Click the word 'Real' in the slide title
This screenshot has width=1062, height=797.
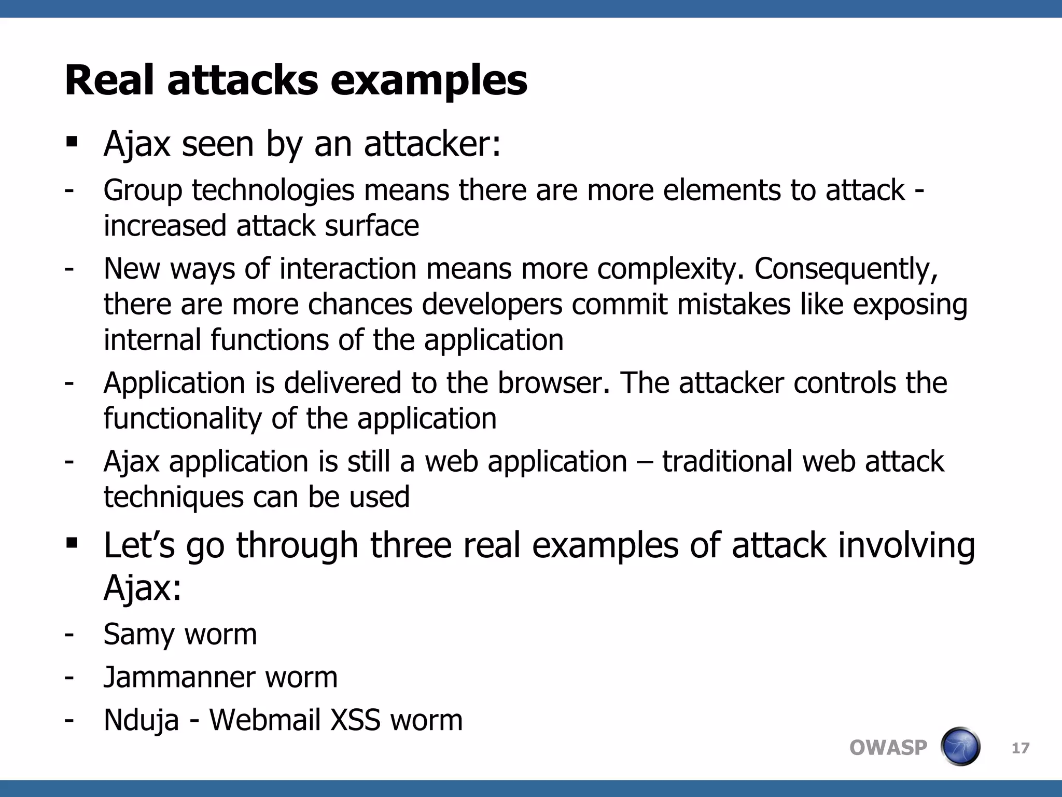click(x=109, y=80)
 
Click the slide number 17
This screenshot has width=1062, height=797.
click(x=1021, y=748)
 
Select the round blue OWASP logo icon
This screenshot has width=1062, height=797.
click(x=960, y=747)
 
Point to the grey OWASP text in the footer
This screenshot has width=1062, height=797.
click(x=888, y=748)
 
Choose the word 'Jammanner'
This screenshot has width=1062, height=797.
click(x=178, y=677)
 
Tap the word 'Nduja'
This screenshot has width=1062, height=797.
click(x=141, y=721)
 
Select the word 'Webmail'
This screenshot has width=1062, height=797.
click(x=265, y=720)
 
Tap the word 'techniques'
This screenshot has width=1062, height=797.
click(x=173, y=497)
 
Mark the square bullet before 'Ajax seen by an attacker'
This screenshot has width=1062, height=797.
click(x=72, y=142)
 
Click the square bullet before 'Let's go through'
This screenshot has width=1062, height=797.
click(x=72, y=543)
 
